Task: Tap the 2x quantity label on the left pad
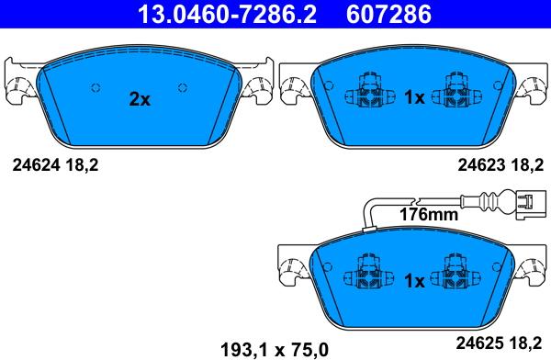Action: pos(139,99)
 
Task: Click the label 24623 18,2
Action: pos(496,166)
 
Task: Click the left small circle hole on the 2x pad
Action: pos(95,87)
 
